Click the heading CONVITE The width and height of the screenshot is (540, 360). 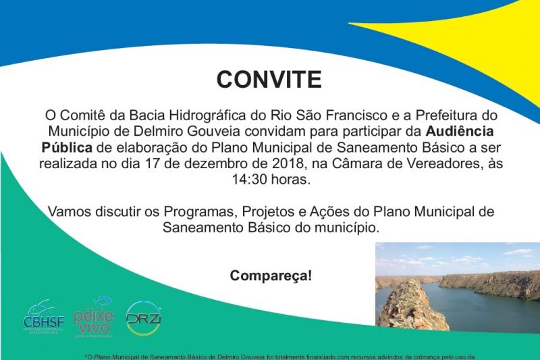tap(269, 79)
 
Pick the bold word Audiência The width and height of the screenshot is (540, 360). tap(460, 130)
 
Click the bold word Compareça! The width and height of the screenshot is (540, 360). tap(271, 276)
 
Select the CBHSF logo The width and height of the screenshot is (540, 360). tap(44, 317)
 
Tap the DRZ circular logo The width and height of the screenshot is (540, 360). tap(143, 318)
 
